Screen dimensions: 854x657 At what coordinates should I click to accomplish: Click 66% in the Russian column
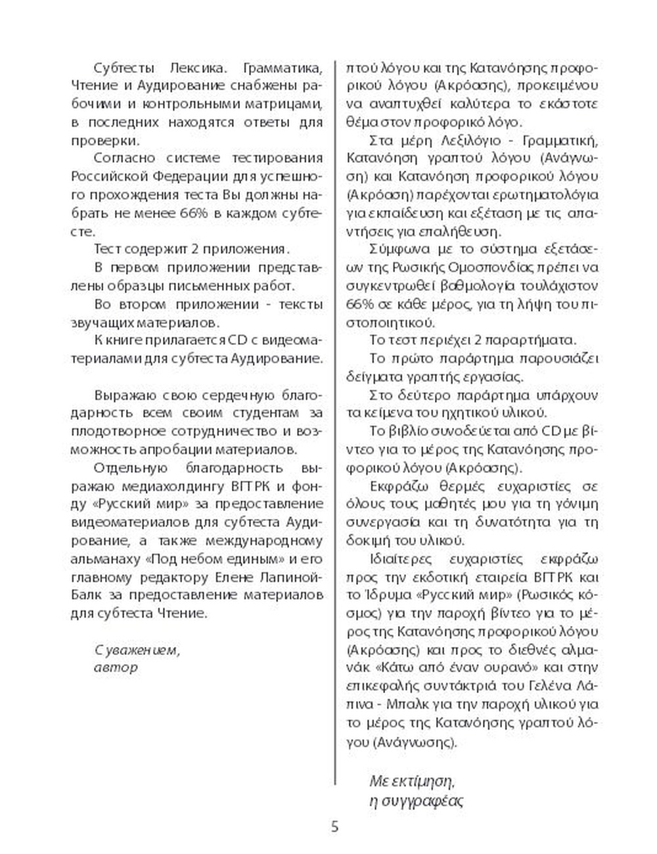coord(193,213)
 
